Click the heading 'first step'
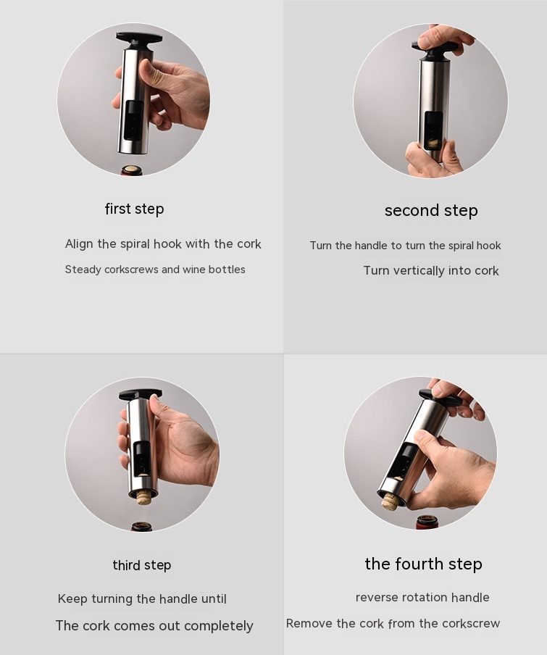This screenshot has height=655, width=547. (x=134, y=209)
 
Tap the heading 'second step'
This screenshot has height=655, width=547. (x=431, y=211)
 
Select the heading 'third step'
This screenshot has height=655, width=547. (x=142, y=565)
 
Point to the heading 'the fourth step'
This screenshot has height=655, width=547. (x=423, y=564)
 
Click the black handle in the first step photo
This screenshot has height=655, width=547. (x=139, y=38)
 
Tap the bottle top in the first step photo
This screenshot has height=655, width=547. (x=132, y=170)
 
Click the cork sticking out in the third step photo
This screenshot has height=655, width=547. (x=144, y=498)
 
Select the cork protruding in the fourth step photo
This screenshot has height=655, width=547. (x=390, y=501)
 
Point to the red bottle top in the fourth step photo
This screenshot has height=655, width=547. (x=427, y=522)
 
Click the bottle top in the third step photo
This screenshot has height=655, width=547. (x=141, y=526)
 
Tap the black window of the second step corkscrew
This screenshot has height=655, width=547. (x=433, y=130)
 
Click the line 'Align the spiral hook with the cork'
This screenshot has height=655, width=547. (x=163, y=244)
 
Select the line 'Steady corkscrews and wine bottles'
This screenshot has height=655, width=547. (x=155, y=270)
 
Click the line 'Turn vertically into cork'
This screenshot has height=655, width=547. (x=431, y=271)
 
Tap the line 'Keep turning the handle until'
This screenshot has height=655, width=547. (x=142, y=599)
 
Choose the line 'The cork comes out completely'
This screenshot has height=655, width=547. (x=154, y=626)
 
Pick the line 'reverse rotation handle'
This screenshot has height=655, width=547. (x=422, y=597)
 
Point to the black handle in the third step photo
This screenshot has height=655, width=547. (x=140, y=395)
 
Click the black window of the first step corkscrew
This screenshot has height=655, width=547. (x=133, y=120)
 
